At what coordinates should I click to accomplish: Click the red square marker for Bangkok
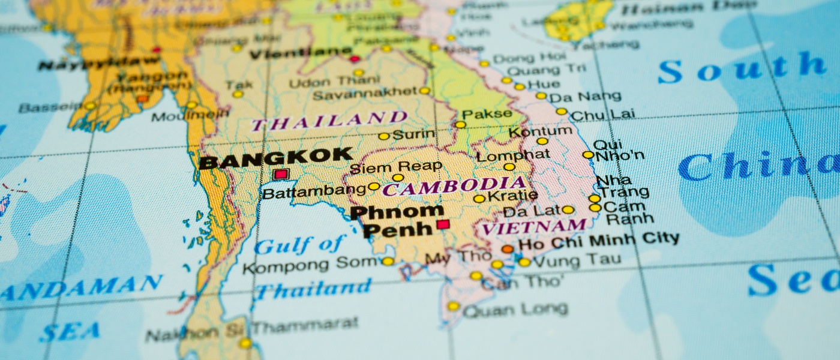pos(281,175)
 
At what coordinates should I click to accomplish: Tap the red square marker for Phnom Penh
pos(443,224)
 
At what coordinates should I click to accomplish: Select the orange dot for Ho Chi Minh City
pos(508,248)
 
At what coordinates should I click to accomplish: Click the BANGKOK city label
pos(275,158)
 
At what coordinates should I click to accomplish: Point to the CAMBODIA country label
pos(454,187)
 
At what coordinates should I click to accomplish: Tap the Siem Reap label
pos(395,166)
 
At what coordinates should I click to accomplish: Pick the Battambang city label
pos(314,193)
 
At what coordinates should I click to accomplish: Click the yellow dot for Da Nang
pos(541,95)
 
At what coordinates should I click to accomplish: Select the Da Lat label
pos(530,211)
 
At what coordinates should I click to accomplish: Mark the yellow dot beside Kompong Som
pos(388,261)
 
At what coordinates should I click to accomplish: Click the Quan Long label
pos(515,310)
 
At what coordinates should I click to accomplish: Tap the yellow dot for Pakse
pos(460,125)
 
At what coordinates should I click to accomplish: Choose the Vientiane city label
pos(301,54)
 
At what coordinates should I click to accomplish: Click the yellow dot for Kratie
pos(479,199)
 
